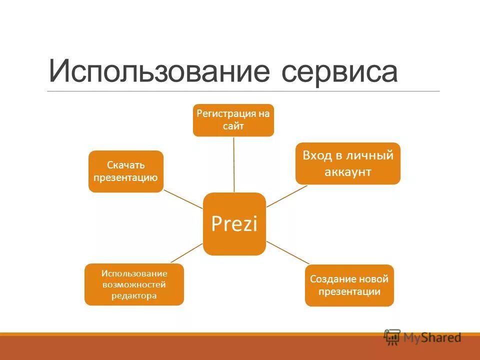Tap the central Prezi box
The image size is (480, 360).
coord(234,223)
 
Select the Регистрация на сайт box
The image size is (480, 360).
coord(233,120)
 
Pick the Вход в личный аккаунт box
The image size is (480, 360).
coord(347,163)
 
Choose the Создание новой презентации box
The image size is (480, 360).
coord(349,285)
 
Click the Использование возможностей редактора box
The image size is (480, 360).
coord(134,284)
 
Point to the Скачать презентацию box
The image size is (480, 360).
coord(126,171)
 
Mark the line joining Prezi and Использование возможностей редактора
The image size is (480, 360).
coord(187,253)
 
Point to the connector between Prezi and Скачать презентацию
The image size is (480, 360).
coord(183,199)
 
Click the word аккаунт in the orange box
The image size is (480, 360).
coord(347,172)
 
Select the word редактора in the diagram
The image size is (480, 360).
coord(134,295)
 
